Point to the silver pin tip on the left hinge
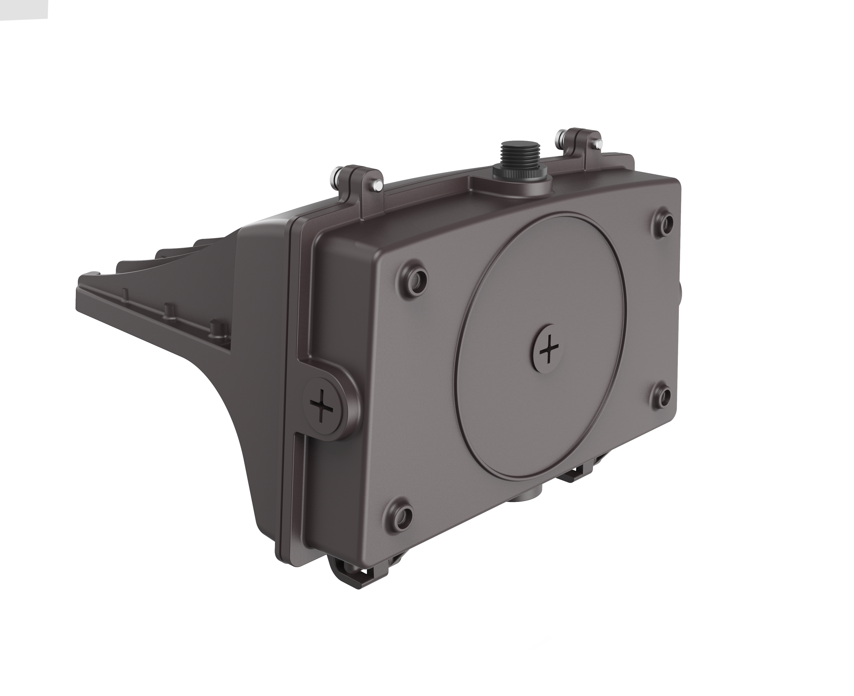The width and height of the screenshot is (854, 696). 377,186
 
